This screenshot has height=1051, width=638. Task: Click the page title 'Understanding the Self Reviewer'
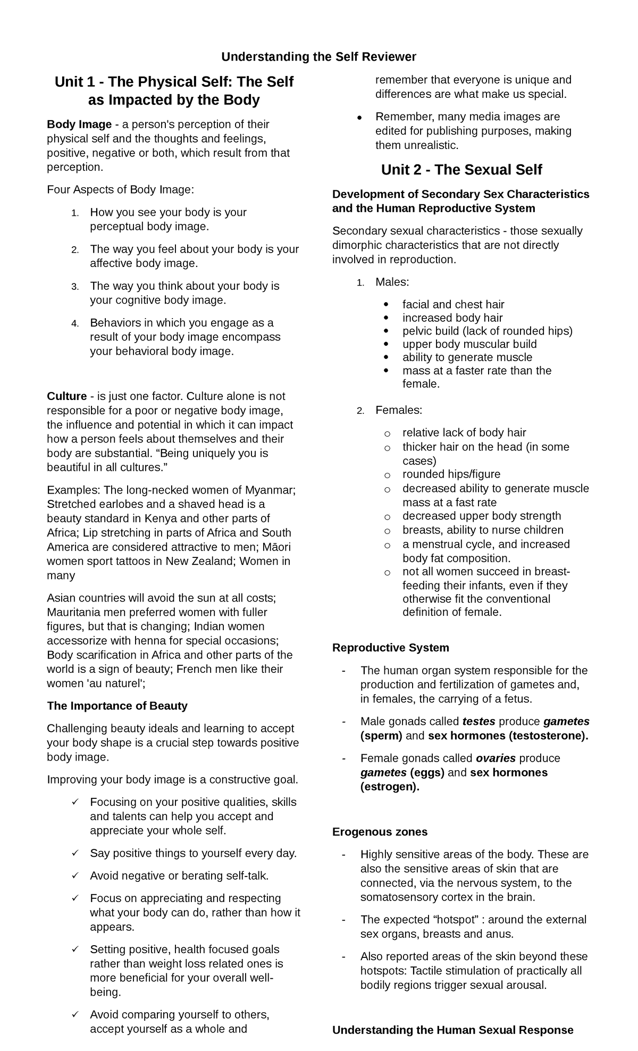tap(318, 57)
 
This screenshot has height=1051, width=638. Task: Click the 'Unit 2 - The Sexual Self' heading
tap(461, 170)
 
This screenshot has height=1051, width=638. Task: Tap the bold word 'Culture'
tap(66, 396)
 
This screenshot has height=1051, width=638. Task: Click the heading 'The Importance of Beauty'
tap(117, 706)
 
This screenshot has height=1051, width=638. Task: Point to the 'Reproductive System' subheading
tap(390, 648)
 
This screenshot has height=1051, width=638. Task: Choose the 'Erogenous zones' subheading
tap(380, 831)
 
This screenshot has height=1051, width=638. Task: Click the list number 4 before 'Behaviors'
tap(75, 323)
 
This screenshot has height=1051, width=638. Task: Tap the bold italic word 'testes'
tap(478, 721)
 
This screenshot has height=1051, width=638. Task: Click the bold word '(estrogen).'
tap(390, 787)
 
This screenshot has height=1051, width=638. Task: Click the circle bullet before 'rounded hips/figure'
tap(387, 475)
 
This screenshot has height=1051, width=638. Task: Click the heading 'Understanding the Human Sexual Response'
tap(452, 1030)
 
